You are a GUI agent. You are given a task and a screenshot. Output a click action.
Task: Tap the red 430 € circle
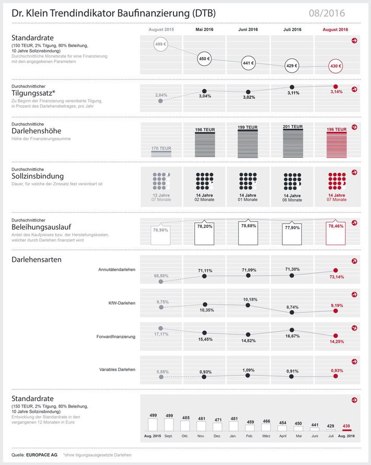[336, 67]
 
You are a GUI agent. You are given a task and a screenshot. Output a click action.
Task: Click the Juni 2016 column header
[248, 30]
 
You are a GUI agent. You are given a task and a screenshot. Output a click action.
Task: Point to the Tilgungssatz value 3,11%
[292, 92]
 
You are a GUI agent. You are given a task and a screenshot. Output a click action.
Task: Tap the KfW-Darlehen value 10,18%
[248, 299]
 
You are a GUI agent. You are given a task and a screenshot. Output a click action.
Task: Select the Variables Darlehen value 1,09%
[248, 370]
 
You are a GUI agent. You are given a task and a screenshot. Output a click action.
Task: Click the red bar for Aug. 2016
[346, 429]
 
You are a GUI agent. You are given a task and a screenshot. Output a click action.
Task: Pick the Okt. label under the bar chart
[185, 435]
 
